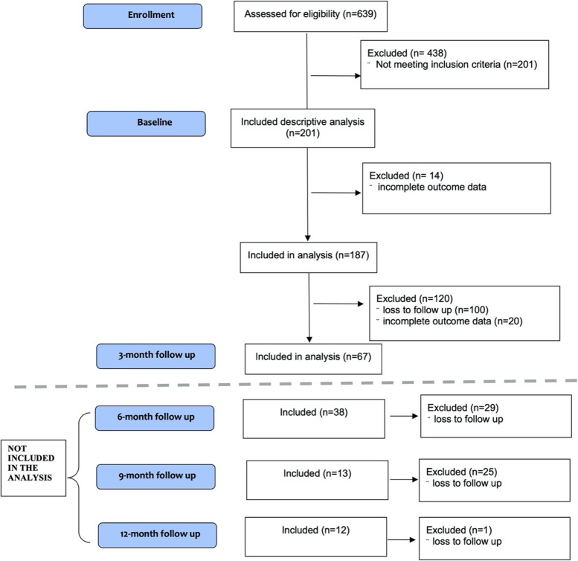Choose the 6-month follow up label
coord(155,417)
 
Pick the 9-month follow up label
coord(155,476)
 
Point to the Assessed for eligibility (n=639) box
coord(306,16)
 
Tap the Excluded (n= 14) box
coord(457,187)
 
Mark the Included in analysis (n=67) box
coord(313,358)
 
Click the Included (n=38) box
coord(313,418)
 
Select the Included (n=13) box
coord(317,479)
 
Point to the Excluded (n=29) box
coord(485,415)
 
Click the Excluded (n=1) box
coord(484,539)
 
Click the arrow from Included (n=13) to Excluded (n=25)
coord(404,480)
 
